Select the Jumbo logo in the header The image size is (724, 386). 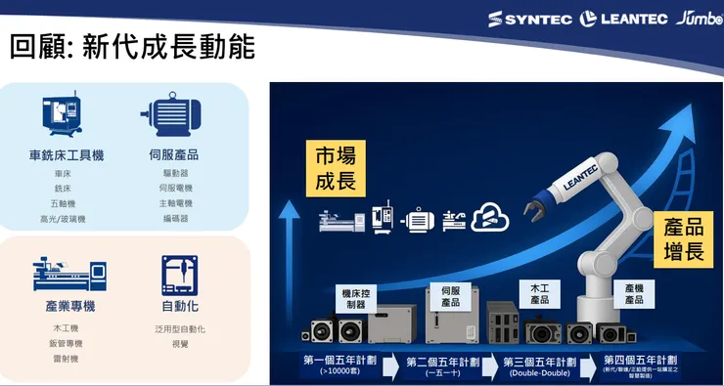pyautogui.click(x=698, y=18)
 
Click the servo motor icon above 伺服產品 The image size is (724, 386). pyautogui.click(x=174, y=116)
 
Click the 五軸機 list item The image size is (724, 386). pyautogui.click(x=64, y=203)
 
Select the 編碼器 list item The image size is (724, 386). pyautogui.click(x=176, y=218)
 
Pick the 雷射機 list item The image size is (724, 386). pyautogui.click(x=64, y=359)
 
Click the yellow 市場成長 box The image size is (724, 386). pyautogui.click(x=336, y=168)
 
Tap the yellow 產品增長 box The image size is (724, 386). pyautogui.click(x=683, y=238)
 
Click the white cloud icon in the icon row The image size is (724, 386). pyautogui.click(x=486, y=218)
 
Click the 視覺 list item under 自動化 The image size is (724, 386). pyautogui.click(x=180, y=344)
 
